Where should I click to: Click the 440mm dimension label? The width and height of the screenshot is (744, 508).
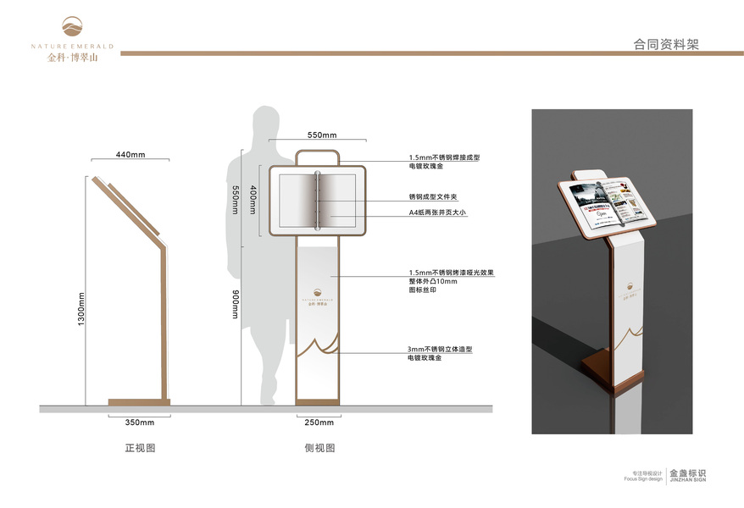pyautogui.click(x=130, y=154)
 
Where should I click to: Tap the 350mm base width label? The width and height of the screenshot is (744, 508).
pyautogui.click(x=139, y=422)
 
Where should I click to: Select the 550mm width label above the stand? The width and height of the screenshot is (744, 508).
pyautogui.click(x=322, y=135)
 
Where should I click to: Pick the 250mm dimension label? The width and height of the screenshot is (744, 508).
pyautogui.click(x=319, y=422)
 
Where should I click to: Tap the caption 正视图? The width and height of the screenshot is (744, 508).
pyautogui.click(x=140, y=447)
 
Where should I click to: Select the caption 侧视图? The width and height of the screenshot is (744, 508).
pyautogui.click(x=319, y=447)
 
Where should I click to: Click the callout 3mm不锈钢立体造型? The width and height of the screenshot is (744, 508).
pyautogui.click(x=439, y=349)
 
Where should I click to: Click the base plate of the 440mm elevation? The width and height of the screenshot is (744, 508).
pyautogui.click(x=139, y=401)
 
